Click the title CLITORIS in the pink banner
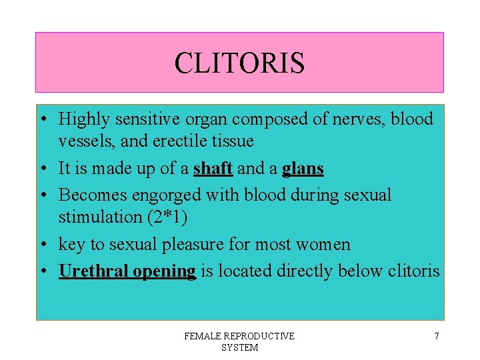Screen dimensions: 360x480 pos(239,63)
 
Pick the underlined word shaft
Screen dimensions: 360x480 pos(213,169)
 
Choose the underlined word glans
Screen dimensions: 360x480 pos(303,169)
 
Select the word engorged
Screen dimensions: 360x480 pos(163,195)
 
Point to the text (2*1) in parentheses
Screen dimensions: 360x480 pos(165,217)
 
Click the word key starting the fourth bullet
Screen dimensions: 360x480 pos(71,245)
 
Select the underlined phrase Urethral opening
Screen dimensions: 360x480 pos(127,271)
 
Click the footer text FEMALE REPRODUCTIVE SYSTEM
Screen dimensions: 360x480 pos(239,342)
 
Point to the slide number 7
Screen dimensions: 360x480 pos(437,336)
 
